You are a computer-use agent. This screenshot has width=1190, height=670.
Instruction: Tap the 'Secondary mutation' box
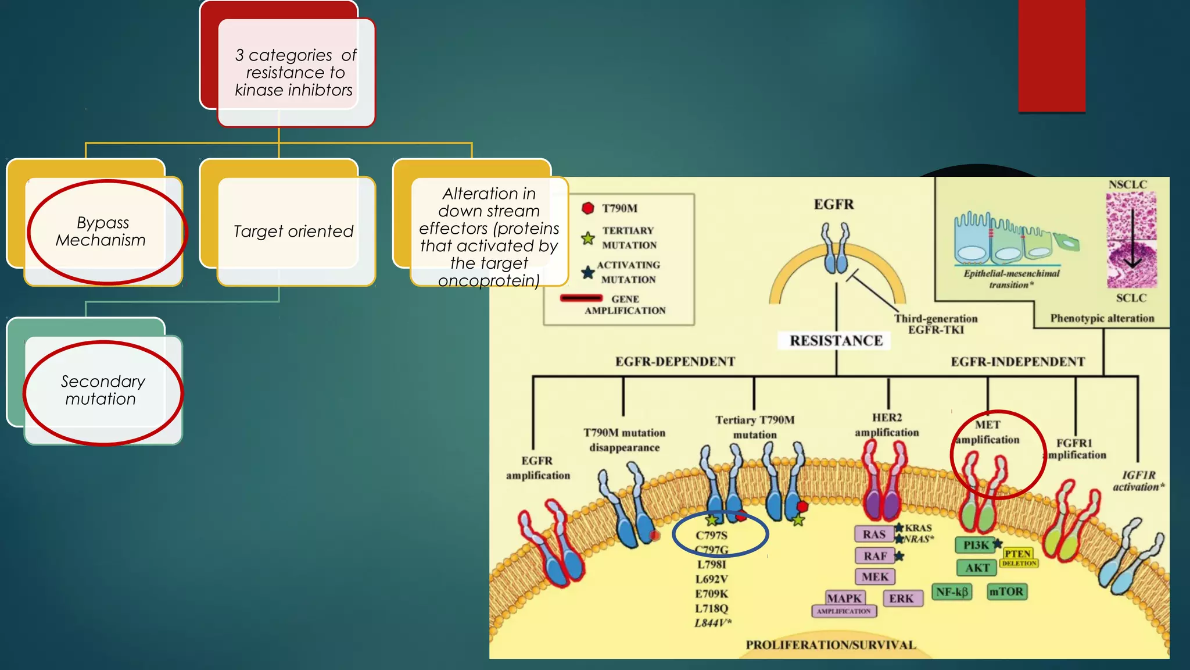coord(103,390)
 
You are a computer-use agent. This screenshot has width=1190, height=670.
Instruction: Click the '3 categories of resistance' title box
coord(295,73)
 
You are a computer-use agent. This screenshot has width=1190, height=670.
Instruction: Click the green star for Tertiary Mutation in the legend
coord(588,238)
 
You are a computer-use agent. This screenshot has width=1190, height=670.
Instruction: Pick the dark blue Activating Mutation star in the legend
coord(588,272)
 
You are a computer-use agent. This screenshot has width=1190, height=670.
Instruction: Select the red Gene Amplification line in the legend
coord(581,298)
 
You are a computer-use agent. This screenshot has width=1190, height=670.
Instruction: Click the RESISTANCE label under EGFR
coord(836,341)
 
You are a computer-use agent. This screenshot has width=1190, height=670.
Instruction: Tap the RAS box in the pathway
coord(873,534)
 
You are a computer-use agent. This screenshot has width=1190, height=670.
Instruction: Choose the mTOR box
coord(1006,592)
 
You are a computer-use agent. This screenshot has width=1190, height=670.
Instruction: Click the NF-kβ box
coord(952,592)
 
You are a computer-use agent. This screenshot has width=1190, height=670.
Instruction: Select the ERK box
coord(901,598)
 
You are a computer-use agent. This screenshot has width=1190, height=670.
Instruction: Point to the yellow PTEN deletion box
coord(1019,557)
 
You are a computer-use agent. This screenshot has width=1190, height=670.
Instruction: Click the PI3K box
coord(976,546)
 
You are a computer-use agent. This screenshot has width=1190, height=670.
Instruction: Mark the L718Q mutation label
coord(711,608)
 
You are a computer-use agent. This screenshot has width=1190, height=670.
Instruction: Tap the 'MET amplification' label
coord(988,432)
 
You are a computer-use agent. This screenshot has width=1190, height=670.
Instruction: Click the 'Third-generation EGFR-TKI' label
coord(935,324)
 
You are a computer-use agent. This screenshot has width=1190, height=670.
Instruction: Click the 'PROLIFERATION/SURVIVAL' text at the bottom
coord(830,645)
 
